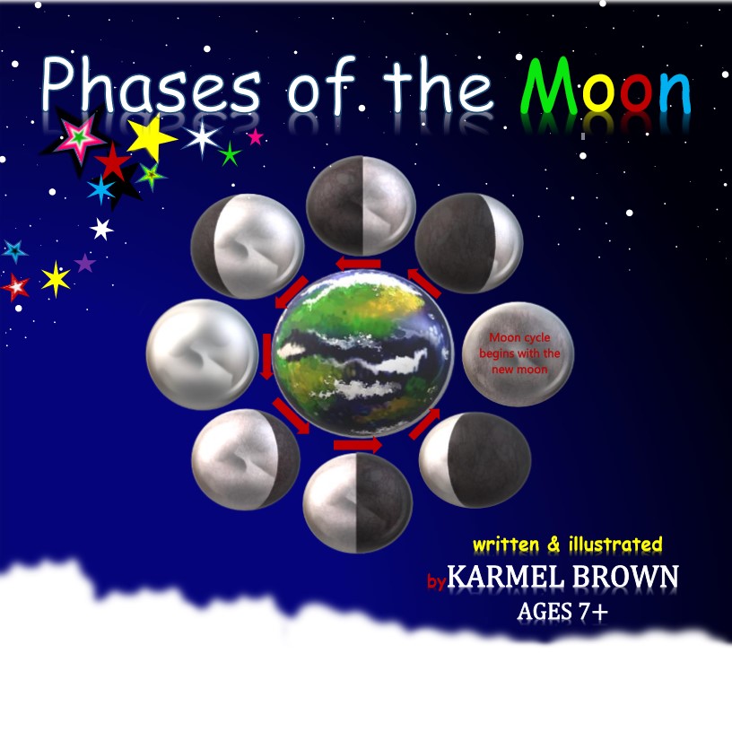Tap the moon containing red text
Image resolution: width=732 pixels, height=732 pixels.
(x=512, y=355)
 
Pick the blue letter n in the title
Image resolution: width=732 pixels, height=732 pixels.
(x=674, y=93)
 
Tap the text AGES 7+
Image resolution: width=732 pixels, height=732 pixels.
(x=564, y=612)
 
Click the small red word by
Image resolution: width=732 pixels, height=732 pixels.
(x=436, y=582)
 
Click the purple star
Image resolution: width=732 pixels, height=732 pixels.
(x=84, y=264)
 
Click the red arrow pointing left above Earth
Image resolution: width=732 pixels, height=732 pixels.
(x=359, y=263)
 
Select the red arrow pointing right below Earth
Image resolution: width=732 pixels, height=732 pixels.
(x=357, y=445)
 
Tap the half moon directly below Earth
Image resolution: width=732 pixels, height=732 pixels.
(x=358, y=502)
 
